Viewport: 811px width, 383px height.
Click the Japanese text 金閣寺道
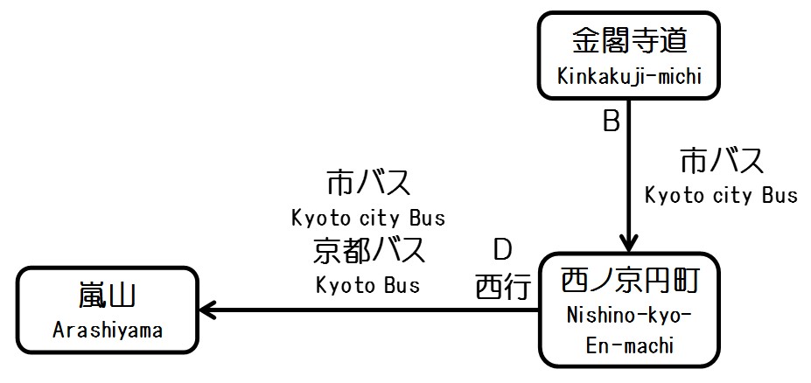tap(630, 41)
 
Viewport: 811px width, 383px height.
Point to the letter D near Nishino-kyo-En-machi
tap(501, 251)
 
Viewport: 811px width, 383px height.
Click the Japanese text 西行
tap(503, 287)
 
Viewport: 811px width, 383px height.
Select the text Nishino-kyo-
tap(629, 313)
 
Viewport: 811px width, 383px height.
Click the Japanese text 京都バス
tap(367, 251)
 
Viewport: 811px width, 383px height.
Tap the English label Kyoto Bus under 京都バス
tap(367, 285)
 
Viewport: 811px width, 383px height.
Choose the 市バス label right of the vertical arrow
tap(722, 162)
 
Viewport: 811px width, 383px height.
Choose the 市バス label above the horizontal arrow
tap(367, 184)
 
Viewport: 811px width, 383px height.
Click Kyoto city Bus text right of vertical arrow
tap(722, 195)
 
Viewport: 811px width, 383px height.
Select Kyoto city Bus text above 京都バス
tap(367, 217)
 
